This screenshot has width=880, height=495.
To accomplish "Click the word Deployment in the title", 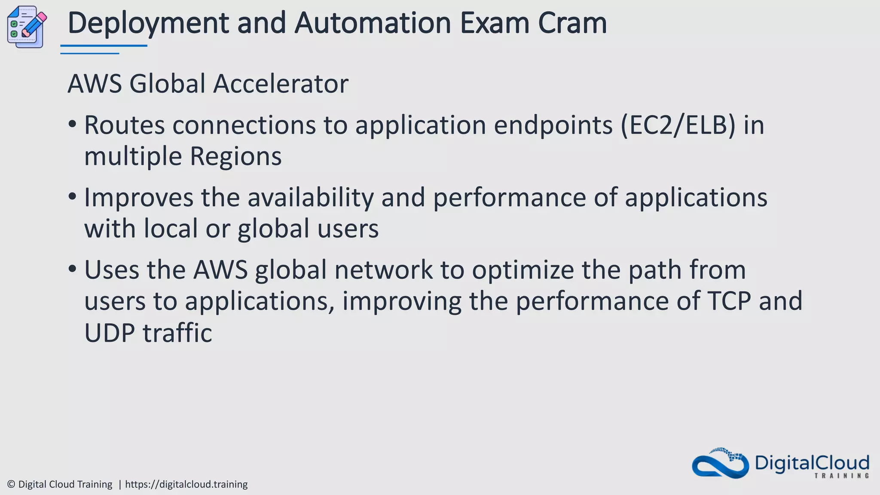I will tap(148, 23).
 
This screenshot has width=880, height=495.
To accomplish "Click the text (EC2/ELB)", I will tap(678, 125).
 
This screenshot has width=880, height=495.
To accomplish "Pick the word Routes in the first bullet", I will tap(125, 125).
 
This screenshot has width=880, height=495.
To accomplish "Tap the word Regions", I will tap(235, 156).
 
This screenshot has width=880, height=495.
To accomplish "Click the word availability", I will tap(311, 198).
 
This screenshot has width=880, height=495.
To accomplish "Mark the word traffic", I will tap(177, 333).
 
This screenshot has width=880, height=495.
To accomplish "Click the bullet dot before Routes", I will tap(72, 125).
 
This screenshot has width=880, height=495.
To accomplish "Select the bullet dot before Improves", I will tap(72, 197).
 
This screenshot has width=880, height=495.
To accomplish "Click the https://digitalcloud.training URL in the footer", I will tap(186, 484).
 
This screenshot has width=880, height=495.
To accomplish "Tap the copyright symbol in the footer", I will tap(12, 484).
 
